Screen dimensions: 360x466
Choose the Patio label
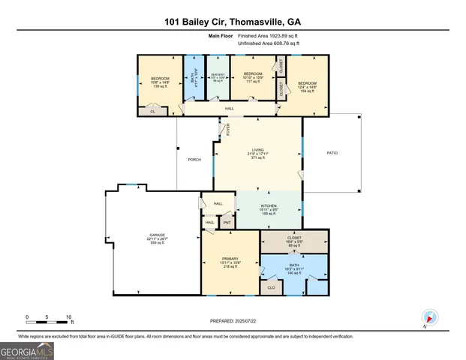click(332, 153)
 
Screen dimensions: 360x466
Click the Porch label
click(193, 160)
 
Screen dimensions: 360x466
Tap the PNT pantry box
click(227, 222)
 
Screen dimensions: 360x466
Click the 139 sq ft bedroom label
click(159, 82)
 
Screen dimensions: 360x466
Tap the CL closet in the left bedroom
click(152, 111)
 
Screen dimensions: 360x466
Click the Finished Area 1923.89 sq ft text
click(269, 36)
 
